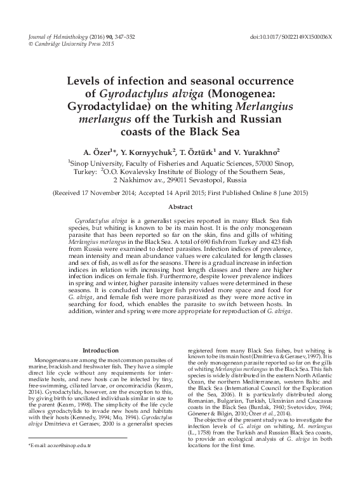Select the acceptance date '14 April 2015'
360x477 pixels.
point(194,192)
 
